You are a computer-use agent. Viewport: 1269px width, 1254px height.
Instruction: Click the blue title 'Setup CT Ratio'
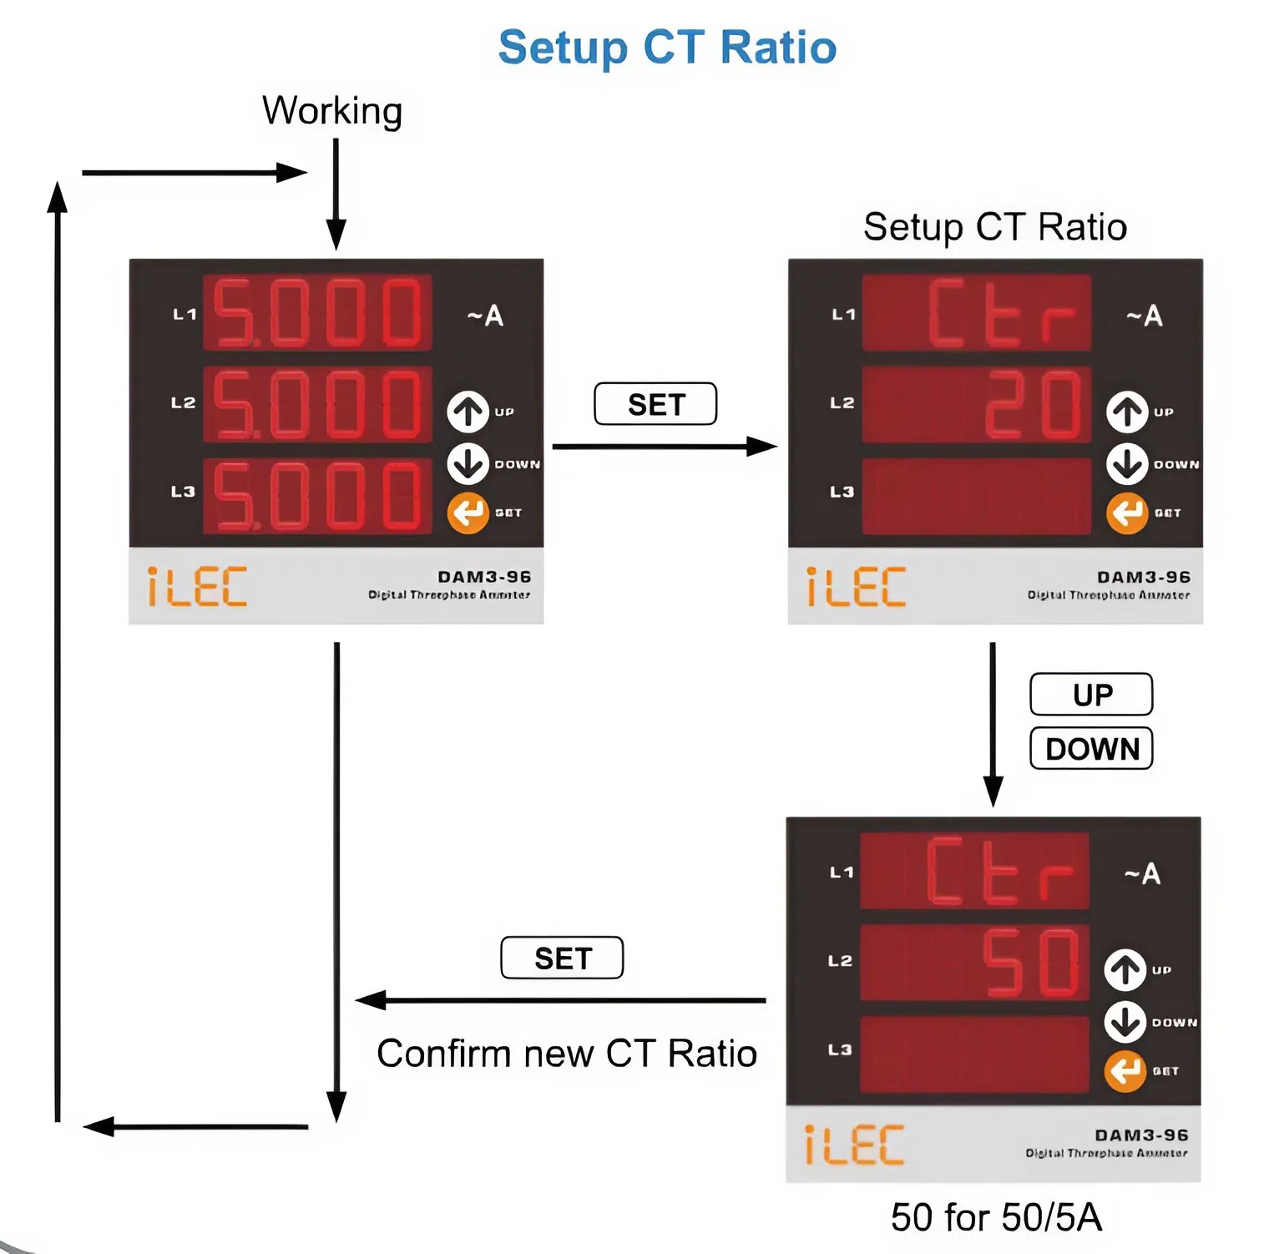(x=667, y=48)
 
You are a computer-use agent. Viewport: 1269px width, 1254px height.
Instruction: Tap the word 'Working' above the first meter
(x=332, y=111)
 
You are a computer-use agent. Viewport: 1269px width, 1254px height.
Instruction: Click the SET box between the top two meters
(x=655, y=404)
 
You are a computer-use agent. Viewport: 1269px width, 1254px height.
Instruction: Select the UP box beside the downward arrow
(x=1091, y=695)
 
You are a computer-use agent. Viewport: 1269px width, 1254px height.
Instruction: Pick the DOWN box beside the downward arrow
(x=1091, y=748)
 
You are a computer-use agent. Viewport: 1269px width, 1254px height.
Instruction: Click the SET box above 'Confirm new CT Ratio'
(x=562, y=958)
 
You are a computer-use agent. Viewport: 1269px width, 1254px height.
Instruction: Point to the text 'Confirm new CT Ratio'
(x=566, y=1054)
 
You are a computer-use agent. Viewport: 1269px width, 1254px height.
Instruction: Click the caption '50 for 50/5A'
(x=995, y=1217)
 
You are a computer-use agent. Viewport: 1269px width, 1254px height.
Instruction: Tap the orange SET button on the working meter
(x=468, y=513)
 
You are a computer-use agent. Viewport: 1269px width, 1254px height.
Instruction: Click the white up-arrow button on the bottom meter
(x=1125, y=970)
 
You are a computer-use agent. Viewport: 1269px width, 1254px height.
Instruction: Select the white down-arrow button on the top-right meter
(x=1127, y=464)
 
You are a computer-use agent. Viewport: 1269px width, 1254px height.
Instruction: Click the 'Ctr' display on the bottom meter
(x=999, y=872)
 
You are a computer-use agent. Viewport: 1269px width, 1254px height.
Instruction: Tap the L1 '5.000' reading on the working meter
(x=318, y=313)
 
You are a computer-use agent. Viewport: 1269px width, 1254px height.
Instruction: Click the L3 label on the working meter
(x=183, y=492)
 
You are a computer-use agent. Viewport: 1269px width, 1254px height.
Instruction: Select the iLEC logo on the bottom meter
(x=854, y=1145)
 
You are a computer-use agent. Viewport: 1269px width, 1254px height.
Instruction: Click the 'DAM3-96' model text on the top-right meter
(x=1143, y=577)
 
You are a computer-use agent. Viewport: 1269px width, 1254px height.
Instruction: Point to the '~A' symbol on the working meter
(x=485, y=316)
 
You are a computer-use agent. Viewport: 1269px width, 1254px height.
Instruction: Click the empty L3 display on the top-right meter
(x=976, y=496)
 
